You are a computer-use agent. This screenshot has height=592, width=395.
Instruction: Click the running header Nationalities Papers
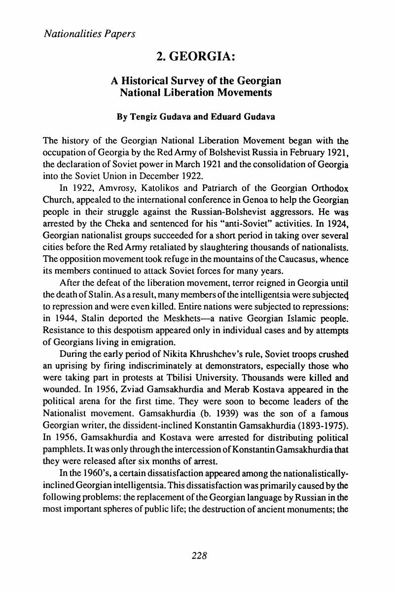tap(89, 35)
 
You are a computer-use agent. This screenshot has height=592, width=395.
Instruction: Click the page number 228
tap(197, 555)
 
